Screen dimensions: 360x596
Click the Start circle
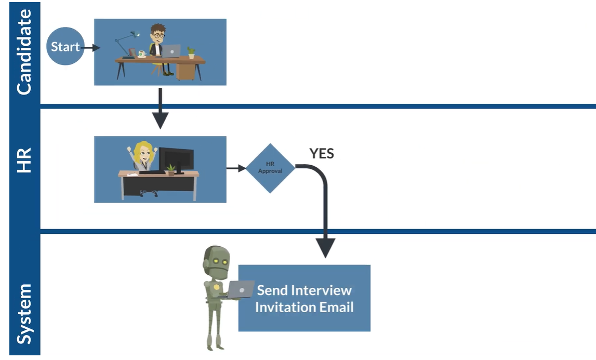(x=65, y=47)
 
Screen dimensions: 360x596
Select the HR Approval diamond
(x=270, y=168)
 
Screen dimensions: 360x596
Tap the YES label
(x=322, y=153)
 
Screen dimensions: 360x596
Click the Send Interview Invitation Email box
(x=304, y=298)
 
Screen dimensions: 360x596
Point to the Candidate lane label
(x=24, y=52)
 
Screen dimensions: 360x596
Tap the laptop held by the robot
(x=240, y=289)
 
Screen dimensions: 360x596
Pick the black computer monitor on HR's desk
(x=176, y=158)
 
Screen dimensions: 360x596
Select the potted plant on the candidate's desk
(x=191, y=52)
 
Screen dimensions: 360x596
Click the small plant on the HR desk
(x=171, y=170)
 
